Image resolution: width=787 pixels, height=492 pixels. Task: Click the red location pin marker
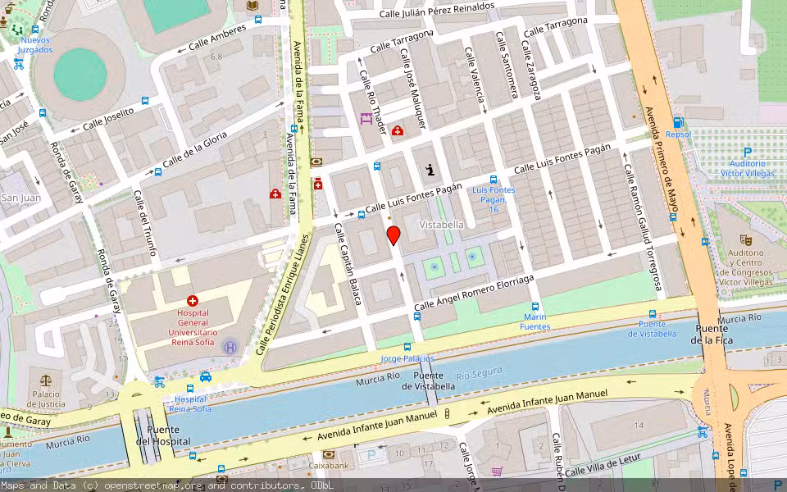[393, 236]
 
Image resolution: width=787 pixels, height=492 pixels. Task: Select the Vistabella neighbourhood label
[442, 224]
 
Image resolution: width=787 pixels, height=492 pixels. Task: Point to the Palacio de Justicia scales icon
[44, 381]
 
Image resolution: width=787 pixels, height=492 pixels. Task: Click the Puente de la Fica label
[710, 334]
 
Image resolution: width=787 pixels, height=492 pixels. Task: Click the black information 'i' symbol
[430, 170]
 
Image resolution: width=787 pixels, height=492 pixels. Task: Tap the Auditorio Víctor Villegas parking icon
[748, 152]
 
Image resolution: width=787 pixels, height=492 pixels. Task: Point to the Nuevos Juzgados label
[35, 44]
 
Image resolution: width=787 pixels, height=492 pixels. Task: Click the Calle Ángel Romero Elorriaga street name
[474, 293]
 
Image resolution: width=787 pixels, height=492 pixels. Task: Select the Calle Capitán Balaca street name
[348, 263]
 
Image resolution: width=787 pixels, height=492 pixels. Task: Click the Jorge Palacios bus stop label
[407, 358]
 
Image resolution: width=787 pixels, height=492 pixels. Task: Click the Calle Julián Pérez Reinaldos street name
[437, 10]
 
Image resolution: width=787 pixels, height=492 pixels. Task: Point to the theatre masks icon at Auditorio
[745, 239]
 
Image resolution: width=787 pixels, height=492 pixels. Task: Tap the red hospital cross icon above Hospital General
[193, 301]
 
